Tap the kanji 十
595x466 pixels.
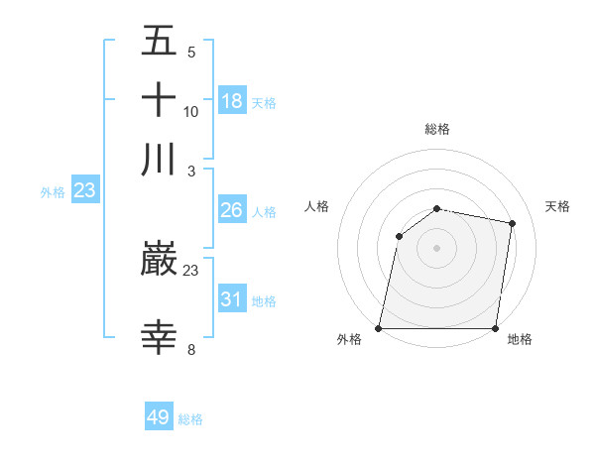159,101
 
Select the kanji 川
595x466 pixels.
159,159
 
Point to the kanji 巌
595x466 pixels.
159,261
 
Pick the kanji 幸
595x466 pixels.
159,337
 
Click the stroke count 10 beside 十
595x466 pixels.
191,111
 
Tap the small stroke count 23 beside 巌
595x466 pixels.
191,270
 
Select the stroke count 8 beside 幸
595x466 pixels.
191,348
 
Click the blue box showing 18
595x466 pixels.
232,100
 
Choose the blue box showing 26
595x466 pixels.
232,210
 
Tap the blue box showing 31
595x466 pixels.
232,298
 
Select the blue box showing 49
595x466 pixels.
159,417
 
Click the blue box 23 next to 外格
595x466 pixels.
84,190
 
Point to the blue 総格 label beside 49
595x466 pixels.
190,419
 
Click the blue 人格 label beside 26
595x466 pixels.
264,212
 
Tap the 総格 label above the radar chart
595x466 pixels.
437,129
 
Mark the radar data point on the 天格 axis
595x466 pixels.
513,223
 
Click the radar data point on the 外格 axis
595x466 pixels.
379,328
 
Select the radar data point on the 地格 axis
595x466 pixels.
496,328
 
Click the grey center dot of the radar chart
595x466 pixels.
437,248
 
